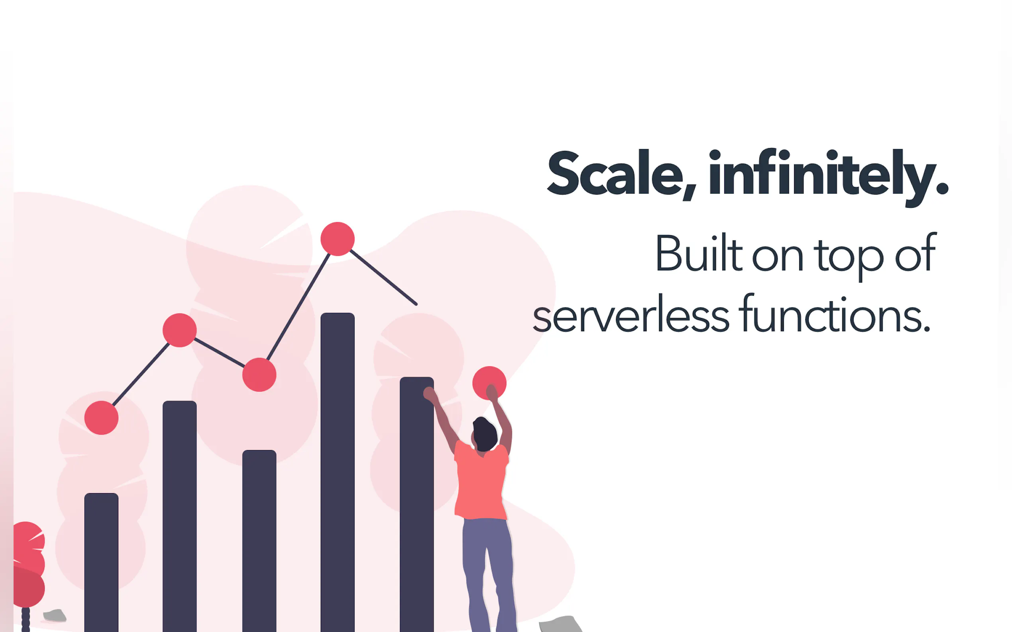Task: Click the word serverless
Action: (x=631, y=314)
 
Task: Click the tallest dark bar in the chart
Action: (x=337, y=472)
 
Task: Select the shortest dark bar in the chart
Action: (x=101, y=562)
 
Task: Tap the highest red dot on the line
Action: (x=337, y=239)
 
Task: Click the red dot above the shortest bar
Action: (x=101, y=417)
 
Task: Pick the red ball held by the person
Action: (x=489, y=382)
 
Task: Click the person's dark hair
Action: (x=485, y=434)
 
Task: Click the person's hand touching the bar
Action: (x=430, y=394)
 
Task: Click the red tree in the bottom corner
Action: (x=27, y=564)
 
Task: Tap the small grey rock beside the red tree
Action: (x=55, y=615)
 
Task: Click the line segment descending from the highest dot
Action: (x=384, y=277)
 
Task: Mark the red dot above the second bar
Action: (x=179, y=330)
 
